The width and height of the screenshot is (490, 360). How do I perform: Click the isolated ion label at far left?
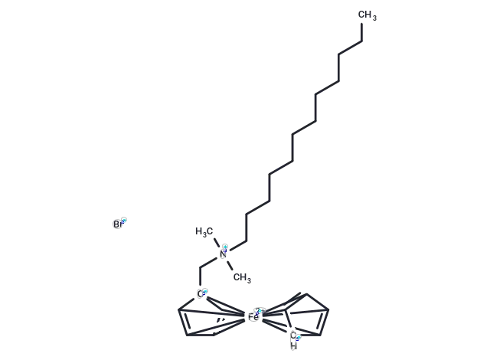tap(116, 224)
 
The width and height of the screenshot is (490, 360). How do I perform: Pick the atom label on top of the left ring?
tap(201, 293)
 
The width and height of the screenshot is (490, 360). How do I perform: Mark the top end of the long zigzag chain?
tap(366, 11)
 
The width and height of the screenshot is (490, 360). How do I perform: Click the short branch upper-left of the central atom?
tap(205, 234)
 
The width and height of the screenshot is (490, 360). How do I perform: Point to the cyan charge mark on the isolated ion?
tap(124, 221)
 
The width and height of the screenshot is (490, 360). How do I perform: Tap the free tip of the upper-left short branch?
tap(193, 230)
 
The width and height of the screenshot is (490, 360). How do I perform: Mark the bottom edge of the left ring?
tap(203, 333)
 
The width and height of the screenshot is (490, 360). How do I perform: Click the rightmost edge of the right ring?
tap(327, 313)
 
